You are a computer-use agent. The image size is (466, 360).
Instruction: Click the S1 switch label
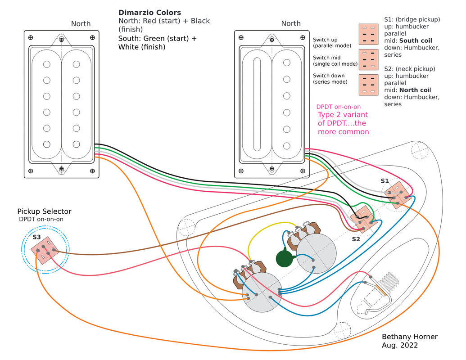[385, 180]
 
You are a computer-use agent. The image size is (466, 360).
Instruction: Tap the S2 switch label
[356, 239]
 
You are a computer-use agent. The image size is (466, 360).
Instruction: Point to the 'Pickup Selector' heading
[44, 211]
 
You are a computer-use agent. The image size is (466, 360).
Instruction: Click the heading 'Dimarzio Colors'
[149, 13]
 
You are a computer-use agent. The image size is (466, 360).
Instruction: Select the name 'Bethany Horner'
[409, 337]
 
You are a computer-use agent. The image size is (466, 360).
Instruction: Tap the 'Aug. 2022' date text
[400, 346]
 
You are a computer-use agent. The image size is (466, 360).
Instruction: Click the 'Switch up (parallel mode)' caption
[331, 43]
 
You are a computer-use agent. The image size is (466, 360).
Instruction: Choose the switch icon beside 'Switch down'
[368, 85]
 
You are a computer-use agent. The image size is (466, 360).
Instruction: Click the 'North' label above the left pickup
[81, 24]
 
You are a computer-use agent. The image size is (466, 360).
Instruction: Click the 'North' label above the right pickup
[291, 24]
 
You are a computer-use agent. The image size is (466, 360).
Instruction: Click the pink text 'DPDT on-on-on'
[339, 107]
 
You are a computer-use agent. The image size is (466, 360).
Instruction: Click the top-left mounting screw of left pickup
[31, 37]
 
